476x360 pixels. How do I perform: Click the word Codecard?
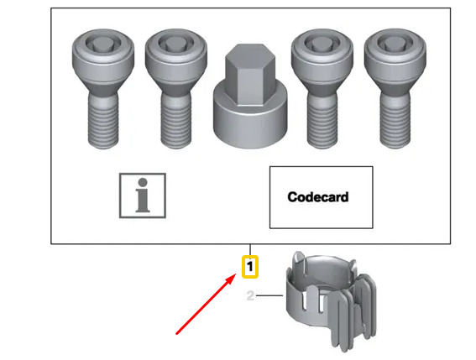pyautogui.click(x=318, y=197)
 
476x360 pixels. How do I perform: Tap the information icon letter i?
pyautogui.click(x=143, y=196)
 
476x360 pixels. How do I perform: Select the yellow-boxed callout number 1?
pyautogui.click(x=250, y=267)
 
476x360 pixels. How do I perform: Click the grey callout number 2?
pyautogui.click(x=250, y=295)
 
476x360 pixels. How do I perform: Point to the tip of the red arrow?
pyautogui.click(x=236, y=274)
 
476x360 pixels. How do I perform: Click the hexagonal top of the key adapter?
pyautogui.click(x=250, y=75)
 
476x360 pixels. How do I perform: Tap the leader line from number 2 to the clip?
pyautogui.click(x=269, y=295)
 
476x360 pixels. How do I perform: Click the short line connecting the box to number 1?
pyautogui.click(x=250, y=250)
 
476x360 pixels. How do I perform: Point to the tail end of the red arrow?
pyautogui.click(x=176, y=334)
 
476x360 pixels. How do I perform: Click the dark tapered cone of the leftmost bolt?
pyautogui.click(x=103, y=86)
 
